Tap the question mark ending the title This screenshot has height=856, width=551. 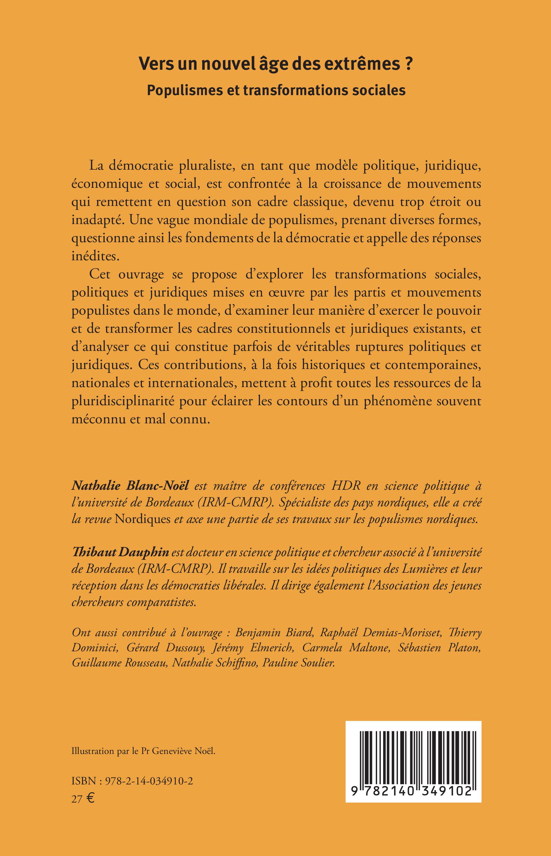(408, 65)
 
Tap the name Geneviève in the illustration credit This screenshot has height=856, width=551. (174, 762)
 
